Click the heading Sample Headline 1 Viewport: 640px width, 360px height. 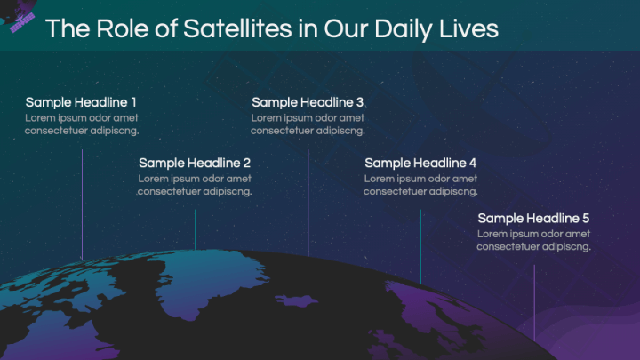coord(81,102)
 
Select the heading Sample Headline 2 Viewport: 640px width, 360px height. coord(195,163)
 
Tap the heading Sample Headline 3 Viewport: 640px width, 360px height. coord(308,102)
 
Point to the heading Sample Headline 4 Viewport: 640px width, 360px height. coord(420,163)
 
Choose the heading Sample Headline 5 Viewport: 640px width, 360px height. coord(533,218)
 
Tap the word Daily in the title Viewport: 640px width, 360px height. coord(400,28)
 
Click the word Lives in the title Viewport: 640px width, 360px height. coord(468,28)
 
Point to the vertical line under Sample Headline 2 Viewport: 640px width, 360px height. coord(195,229)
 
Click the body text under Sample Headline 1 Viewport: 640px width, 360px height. coord(82,124)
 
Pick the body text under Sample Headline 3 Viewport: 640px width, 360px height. coord(308,124)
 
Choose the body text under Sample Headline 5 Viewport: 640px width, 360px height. coord(533,240)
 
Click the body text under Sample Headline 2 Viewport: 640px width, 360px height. coord(195,185)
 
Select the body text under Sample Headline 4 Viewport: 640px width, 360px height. coord(420,185)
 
